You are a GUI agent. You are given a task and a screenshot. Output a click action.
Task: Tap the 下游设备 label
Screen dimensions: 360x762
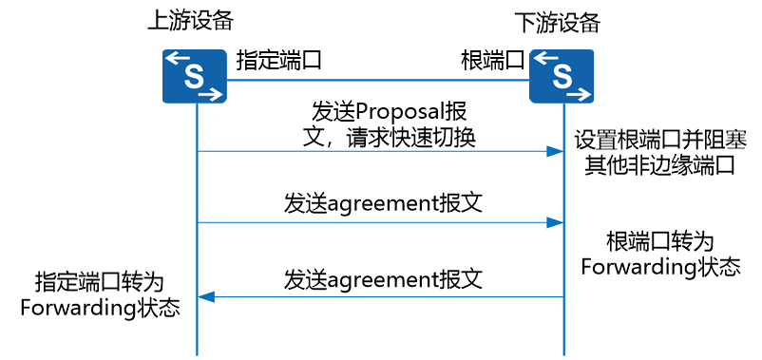coord(558,21)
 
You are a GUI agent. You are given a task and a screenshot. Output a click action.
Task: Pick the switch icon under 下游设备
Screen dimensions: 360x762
coord(562,77)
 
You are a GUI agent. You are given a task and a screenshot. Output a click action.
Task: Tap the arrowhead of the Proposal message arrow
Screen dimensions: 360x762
coord(557,152)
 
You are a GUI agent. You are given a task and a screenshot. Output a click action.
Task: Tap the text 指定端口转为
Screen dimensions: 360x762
coord(100,282)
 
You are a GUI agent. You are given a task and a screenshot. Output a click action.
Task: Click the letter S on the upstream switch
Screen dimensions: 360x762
coord(195,77)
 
